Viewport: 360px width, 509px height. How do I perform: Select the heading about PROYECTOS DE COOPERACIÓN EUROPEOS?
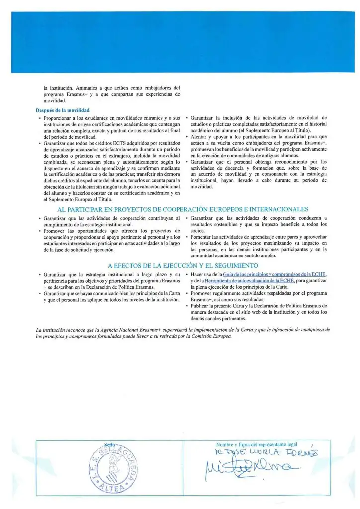pyautogui.click(x=182, y=209)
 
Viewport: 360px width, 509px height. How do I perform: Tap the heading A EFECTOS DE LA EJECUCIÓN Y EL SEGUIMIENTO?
pyautogui.click(x=182, y=266)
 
